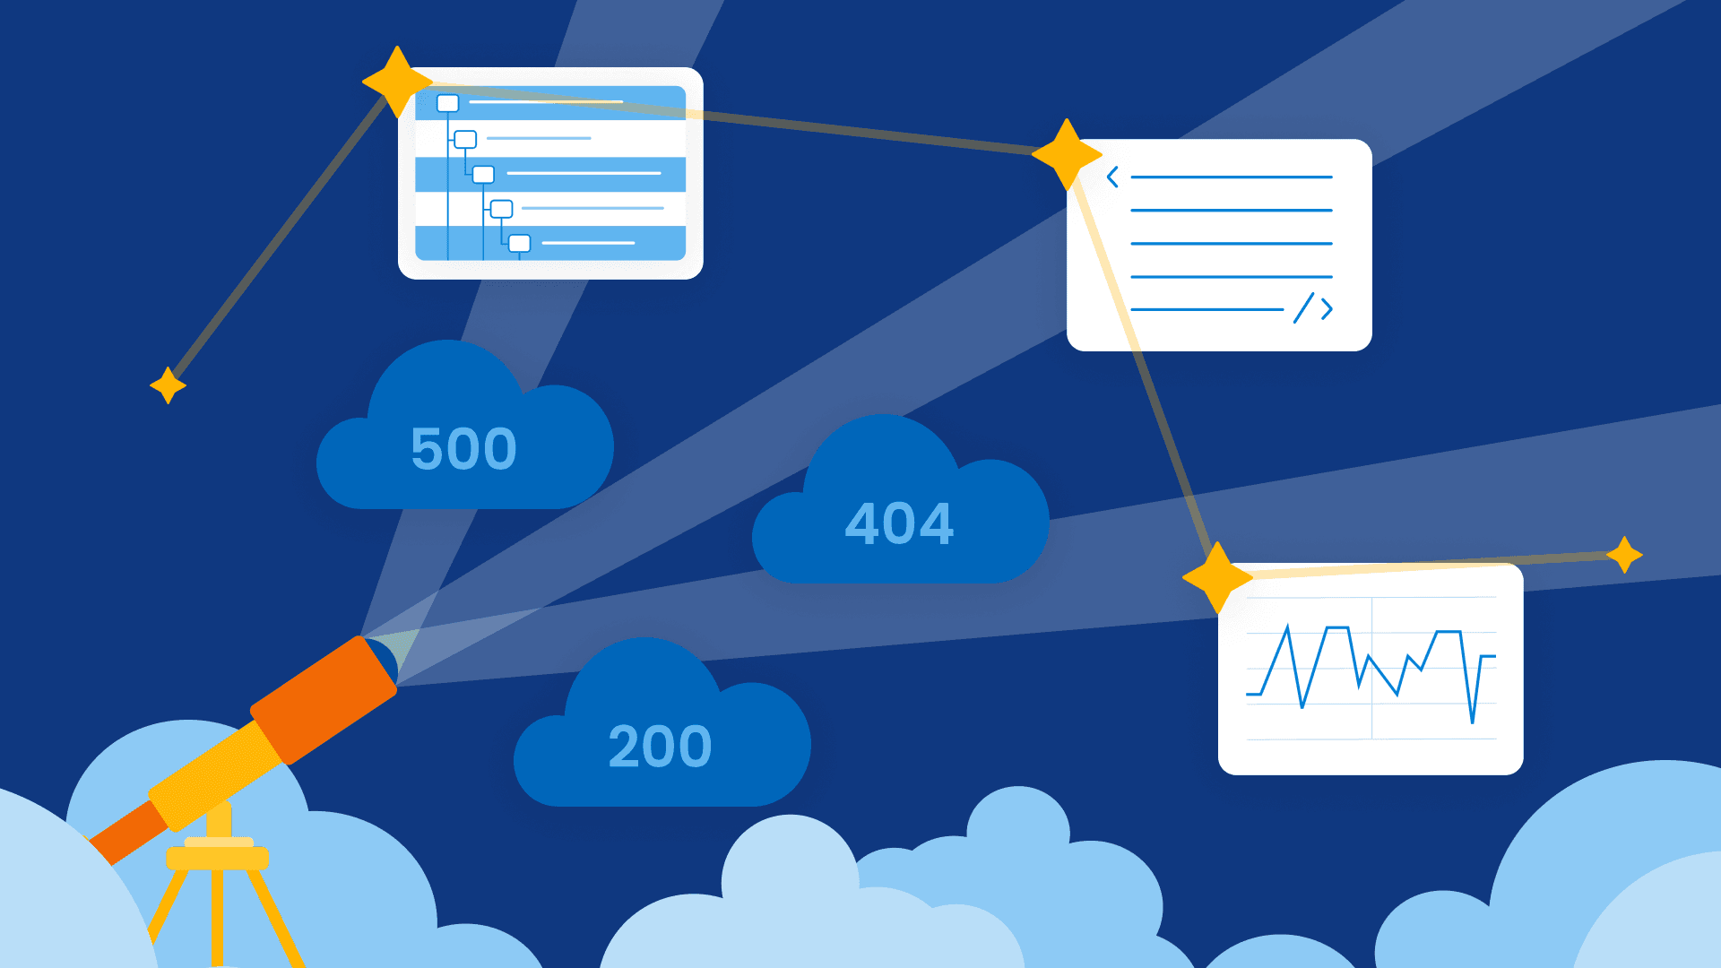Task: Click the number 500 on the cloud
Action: pyautogui.click(x=463, y=448)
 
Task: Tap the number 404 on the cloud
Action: pyautogui.click(x=899, y=523)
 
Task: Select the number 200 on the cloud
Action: pyautogui.click(x=660, y=746)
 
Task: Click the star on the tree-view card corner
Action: pyautogui.click(x=397, y=82)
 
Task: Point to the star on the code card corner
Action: pyautogui.click(x=1067, y=154)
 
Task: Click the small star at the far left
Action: pyautogui.click(x=168, y=385)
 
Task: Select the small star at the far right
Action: pyautogui.click(x=1624, y=555)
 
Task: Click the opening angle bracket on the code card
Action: pyautogui.click(x=1112, y=177)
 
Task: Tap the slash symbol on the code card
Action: pyautogui.click(x=1303, y=308)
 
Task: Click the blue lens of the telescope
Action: pyautogui.click(x=384, y=658)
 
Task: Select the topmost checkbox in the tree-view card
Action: pyautogui.click(x=448, y=103)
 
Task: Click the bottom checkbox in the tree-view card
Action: pyautogui.click(x=520, y=243)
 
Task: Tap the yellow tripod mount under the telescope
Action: pyautogui.click(x=218, y=851)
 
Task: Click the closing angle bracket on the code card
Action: pyautogui.click(x=1327, y=309)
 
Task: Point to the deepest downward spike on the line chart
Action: pyautogui.click(x=1472, y=719)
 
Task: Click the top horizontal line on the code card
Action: pyautogui.click(x=1231, y=177)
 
